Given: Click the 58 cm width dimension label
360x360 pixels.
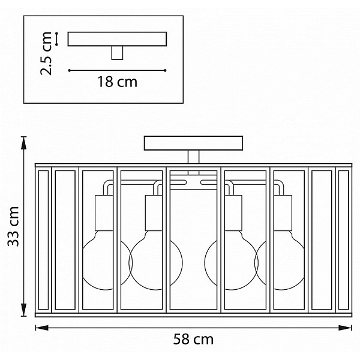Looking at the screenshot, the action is [193, 339].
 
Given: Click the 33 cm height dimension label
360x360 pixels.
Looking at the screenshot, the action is [13, 226].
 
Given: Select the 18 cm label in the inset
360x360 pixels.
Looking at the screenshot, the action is [118, 82].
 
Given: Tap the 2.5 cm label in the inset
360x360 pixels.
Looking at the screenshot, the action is [46, 53].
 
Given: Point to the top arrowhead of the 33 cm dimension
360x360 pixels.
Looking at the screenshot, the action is [23, 143].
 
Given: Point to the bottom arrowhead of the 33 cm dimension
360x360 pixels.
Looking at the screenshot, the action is [23, 310].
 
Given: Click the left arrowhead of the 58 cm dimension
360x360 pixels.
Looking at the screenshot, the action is [42, 328].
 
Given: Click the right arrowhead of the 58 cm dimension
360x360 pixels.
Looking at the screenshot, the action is [345, 328].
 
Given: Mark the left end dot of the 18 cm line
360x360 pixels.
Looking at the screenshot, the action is [70, 70].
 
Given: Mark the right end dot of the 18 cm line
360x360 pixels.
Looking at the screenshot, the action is [165, 70].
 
